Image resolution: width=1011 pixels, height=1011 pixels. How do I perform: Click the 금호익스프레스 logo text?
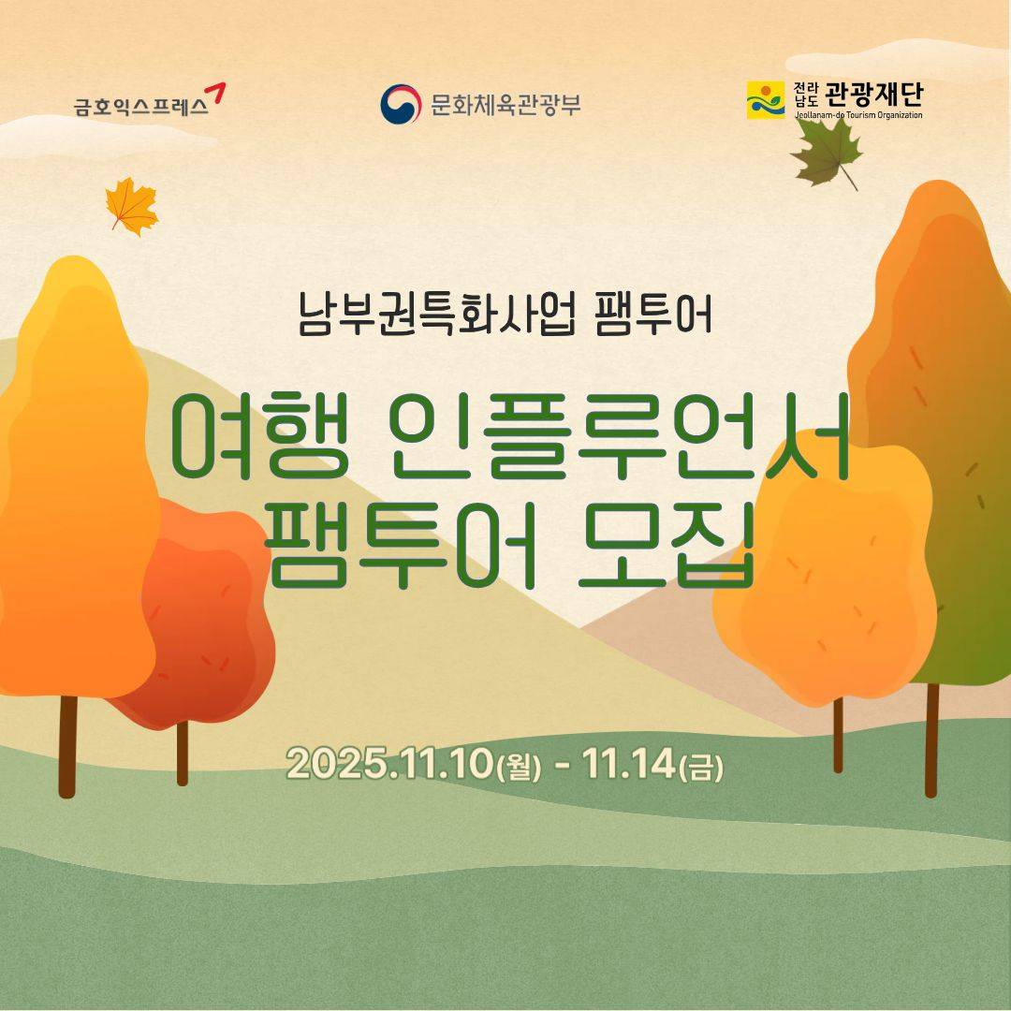(x=140, y=107)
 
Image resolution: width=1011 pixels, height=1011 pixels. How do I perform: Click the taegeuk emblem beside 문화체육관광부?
(x=400, y=103)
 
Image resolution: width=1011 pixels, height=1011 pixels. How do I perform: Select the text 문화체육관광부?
(x=505, y=104)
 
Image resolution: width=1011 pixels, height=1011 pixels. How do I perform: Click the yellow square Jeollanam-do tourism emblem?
(x=765, y=100)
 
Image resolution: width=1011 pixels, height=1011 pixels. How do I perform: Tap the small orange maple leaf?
(x=131, y=206)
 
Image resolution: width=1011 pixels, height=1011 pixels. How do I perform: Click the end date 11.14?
(x=626, y=766)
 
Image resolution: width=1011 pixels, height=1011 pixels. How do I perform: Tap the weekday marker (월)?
(x=520, y=769)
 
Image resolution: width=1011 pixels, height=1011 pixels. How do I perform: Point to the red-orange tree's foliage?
(x=211, y=618)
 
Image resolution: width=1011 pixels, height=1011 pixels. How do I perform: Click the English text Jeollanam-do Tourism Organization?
(x=858, y=115)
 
